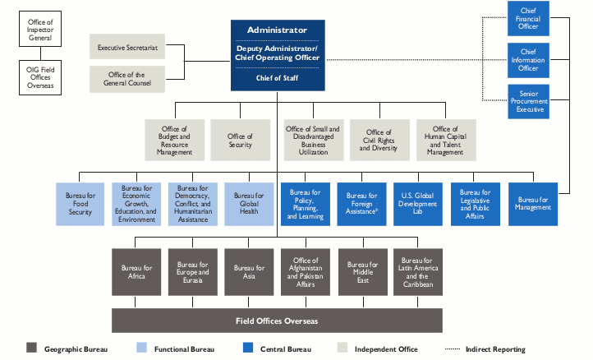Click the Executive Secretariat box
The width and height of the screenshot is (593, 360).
[127, 48]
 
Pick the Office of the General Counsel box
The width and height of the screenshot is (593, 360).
[127, 80]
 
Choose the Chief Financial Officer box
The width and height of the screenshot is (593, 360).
[528, 18]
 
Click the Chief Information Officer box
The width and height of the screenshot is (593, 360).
[528, 58]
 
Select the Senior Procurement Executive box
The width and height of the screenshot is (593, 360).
[528, 101]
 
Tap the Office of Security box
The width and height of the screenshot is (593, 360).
[240, 141]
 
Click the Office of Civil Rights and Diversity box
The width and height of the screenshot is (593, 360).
[379, 141]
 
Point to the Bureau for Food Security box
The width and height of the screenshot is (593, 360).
[80, 203]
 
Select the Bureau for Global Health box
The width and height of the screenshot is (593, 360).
[249, 203]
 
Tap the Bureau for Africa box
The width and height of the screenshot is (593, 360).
[136, 273]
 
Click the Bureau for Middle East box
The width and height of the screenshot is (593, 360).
[361, 273]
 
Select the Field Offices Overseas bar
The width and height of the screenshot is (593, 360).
[277, 320]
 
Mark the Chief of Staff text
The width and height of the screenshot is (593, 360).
[277, 78]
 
